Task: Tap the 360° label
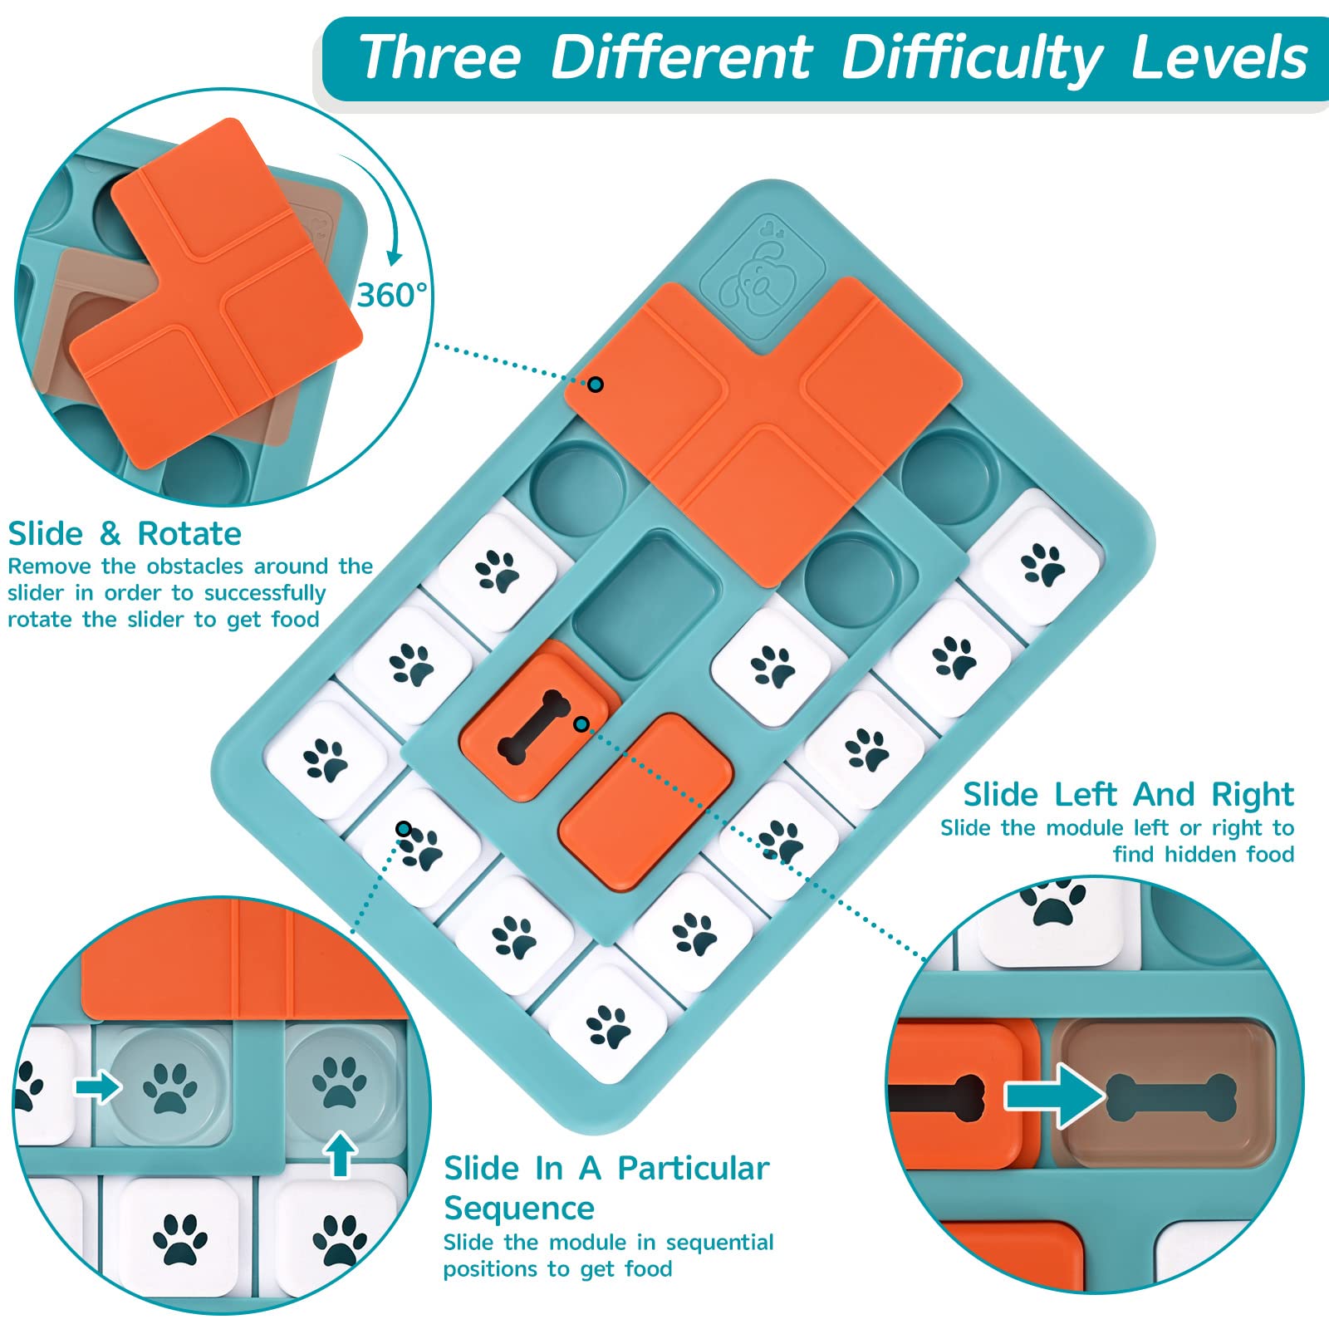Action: click(x=392, y=294)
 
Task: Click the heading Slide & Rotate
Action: click(x=125, y=533)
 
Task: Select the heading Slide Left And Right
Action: click(x=1128, y=795)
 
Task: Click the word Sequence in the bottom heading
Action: click(x=519, y=1208)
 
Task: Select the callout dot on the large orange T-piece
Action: click(x=596, y=384)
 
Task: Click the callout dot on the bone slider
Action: click(x=581, y=724)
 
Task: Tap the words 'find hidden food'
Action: click(x=1203, y=854)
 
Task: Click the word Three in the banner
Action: click(x=440, y=58)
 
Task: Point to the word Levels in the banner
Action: click(x=1219, y=58)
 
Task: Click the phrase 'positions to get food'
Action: click(x=557, y=1269)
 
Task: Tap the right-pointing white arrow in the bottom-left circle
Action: click(x=98, y=1086)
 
